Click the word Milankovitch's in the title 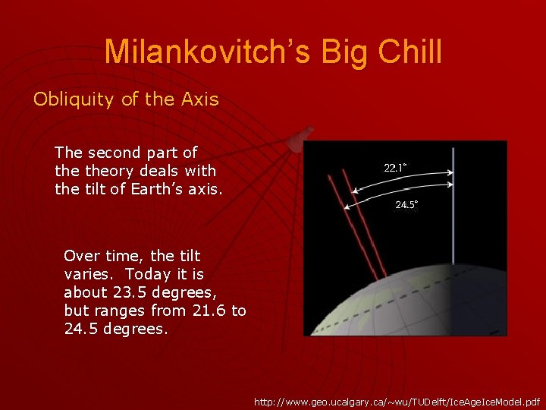(x=207, y=52)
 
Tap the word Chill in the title (x=409, y=52)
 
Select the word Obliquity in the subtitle (x=74, y=99)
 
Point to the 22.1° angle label (x=395, y=168)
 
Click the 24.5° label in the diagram (x=406, y=204)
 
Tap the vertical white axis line (x=453, y=206)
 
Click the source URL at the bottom (x=397, y=402)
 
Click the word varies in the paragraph (x=89, y=274)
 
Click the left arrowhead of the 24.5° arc (x=345, y=208)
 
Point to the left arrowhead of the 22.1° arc (x=353, y=191)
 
